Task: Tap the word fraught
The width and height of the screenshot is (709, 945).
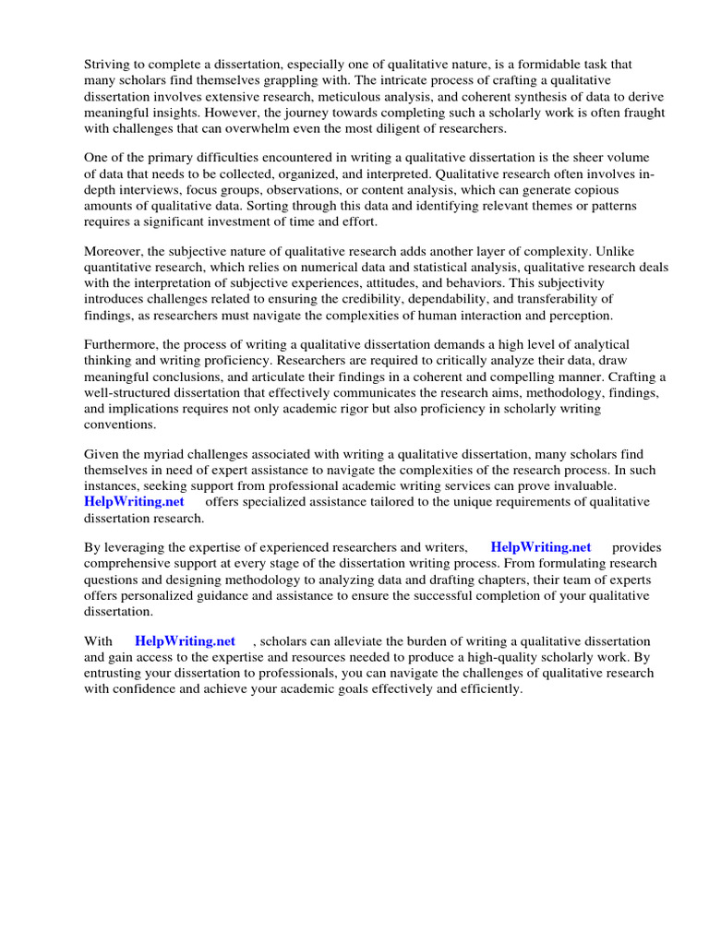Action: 637,112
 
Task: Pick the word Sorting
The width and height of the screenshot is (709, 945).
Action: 304,205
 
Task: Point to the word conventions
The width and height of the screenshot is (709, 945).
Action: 120,425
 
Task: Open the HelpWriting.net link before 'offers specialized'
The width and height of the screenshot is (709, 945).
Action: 134,501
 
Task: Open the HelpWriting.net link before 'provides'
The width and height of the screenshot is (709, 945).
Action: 541,547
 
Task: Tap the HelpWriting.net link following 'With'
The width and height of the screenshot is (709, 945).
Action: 185,641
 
